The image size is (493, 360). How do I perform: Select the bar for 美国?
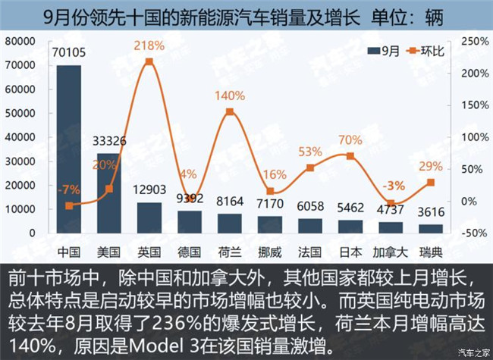(109, 193)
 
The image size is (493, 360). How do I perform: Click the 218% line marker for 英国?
(149, 61)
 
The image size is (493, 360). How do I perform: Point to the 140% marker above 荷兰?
(230, 111)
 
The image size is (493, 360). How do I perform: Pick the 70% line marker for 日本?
(350, 155)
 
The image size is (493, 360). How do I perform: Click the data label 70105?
(69, 52)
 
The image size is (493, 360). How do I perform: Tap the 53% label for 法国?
(310, 152)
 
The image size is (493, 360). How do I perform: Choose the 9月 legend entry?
(384, 52)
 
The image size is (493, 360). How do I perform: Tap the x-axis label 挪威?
(269, 249)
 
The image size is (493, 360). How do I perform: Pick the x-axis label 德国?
(190, 249)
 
